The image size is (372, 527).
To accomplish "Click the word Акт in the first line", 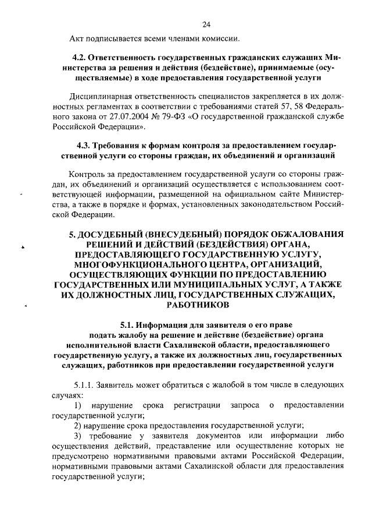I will (x=77, y=39).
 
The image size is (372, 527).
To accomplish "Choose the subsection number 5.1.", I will (x=127, y=326).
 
